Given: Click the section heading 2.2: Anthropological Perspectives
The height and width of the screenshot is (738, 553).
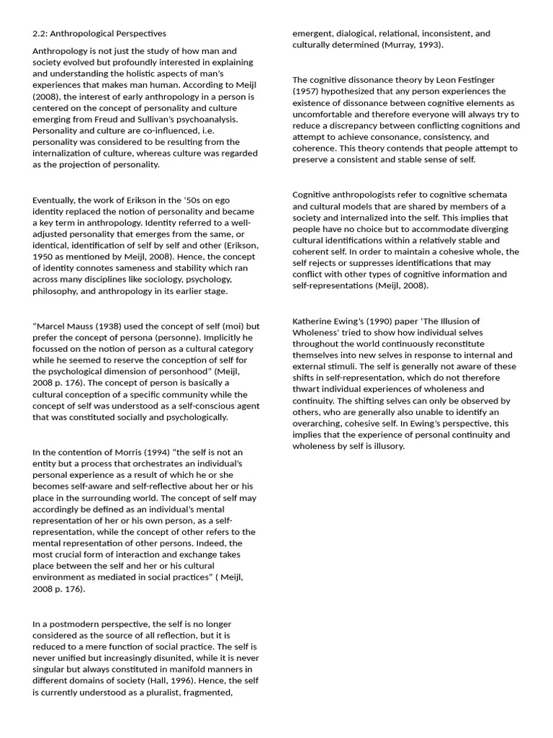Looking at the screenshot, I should point(99,33).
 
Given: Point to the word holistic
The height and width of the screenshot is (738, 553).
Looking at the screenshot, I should point(181,74).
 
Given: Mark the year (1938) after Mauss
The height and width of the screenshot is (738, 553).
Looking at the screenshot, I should point(112,326).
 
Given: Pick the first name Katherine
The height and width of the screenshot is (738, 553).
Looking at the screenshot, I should point(315,321).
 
